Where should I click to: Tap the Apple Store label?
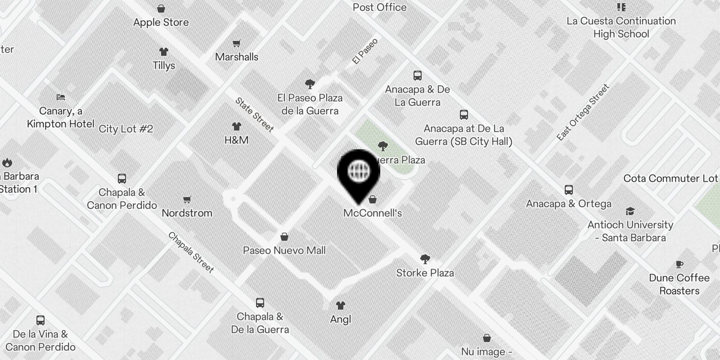point(161,22)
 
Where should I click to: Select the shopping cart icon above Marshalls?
point(236,44)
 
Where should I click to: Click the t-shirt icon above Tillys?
point(164,52)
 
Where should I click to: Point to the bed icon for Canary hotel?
point(61,97)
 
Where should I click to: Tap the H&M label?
point(236,140)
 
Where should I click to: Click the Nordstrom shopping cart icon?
point(187,199)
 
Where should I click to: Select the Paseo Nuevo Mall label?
point(284,250)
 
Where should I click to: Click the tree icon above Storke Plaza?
point(425,259)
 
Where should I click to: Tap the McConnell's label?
point(373,213)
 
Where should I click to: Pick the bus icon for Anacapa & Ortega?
point(569,190)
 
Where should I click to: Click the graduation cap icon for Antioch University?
point(630,211)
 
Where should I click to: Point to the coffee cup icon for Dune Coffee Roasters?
point(679,265)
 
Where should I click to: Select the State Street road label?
point(255,115)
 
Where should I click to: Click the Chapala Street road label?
point(191,252)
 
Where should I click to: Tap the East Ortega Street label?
point(583,112)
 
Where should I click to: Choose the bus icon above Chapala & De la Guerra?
point(260,303)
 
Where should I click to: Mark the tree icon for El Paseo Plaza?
point(310,84)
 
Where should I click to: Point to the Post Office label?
point(379,7)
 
